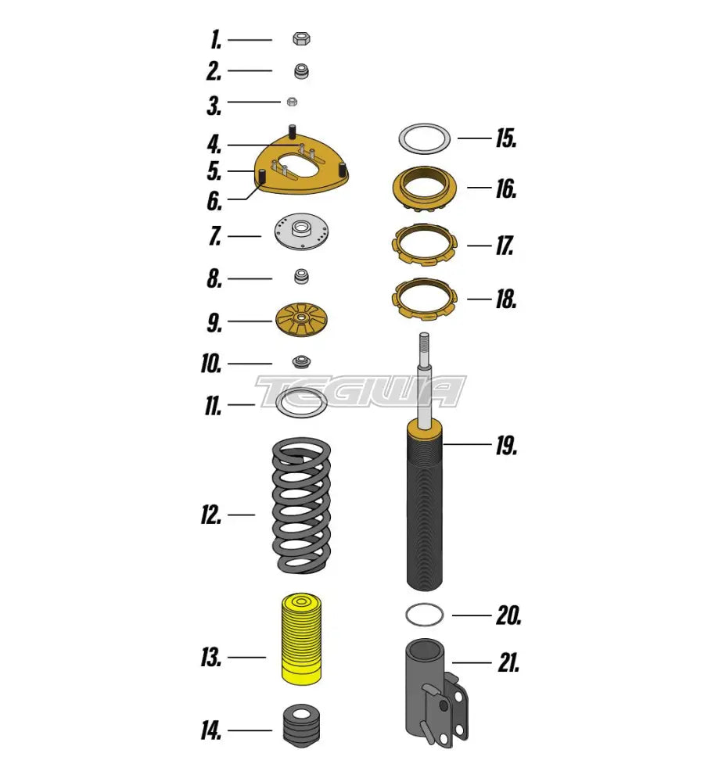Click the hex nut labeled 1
302,38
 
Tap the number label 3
214,105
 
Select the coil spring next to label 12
301,505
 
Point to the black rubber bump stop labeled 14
301,730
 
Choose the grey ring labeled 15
424,138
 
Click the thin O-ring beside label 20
425,615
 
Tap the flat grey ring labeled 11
303,404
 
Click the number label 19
506,447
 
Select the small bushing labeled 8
302,276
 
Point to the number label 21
508,665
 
